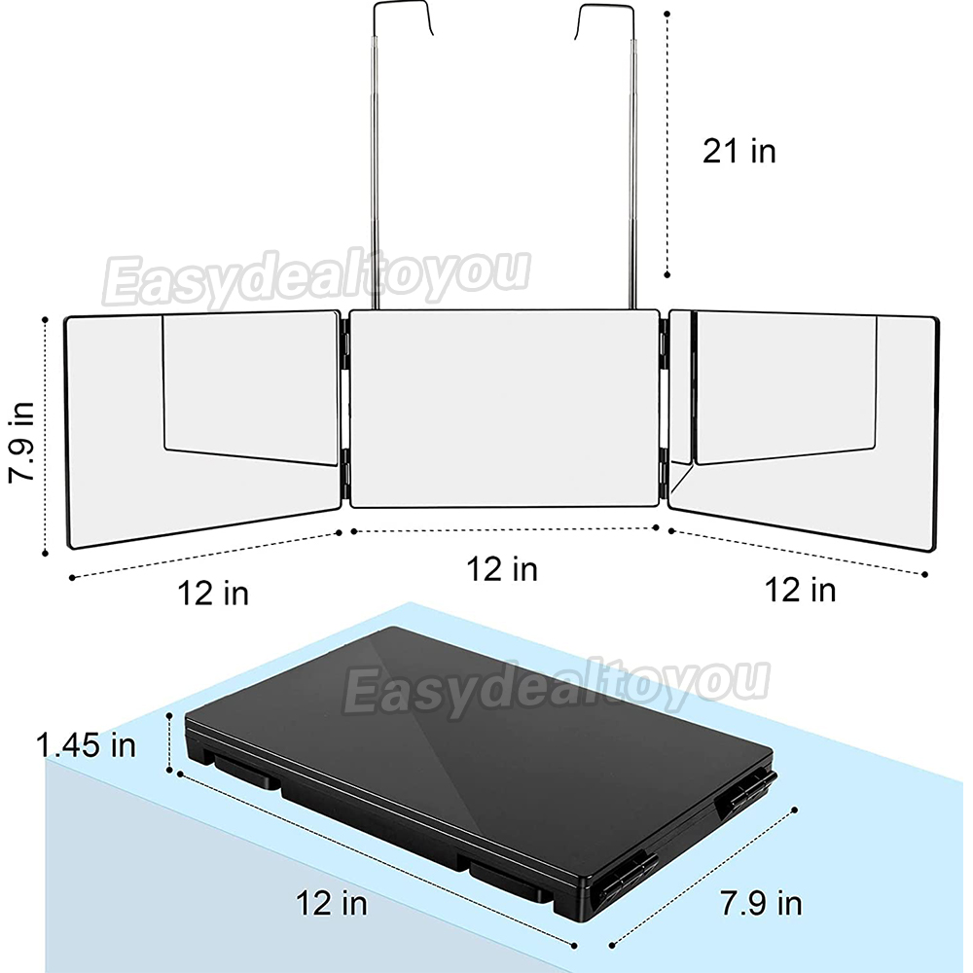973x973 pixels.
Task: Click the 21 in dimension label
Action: coord(739,151)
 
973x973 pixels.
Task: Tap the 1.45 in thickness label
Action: coord(86,744)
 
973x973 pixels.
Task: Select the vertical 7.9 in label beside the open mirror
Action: coord(20,441)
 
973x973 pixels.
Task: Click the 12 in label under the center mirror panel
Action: coord(501,568)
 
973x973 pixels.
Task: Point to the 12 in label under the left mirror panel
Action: coord(213,593)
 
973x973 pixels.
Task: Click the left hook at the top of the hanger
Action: coord(402,18)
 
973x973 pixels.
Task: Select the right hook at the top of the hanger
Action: coord(605,19)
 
